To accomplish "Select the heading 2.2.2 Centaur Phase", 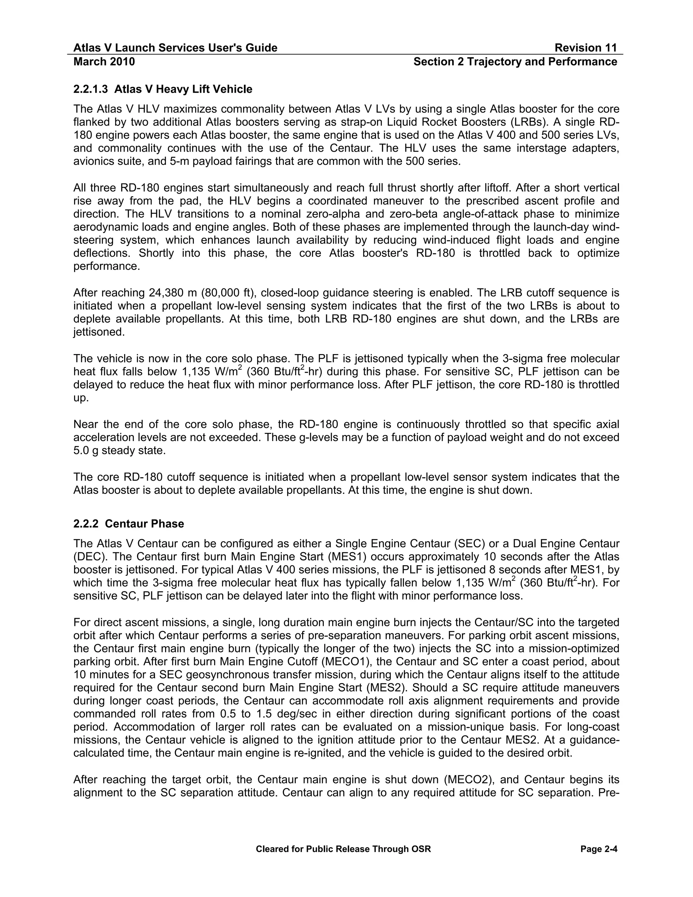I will pyautogui.click(x=129, y=524).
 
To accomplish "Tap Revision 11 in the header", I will pyautogui.click(x=585, y=48).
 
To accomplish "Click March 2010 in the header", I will pyautogui.click(x=104, y=62).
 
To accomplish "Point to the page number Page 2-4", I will pyautogui.click(x=599, y=849).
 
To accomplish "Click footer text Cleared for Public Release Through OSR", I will pyautogui.click(x=343, y=849).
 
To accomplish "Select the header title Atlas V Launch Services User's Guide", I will pyautogui.click(x=175, y=48).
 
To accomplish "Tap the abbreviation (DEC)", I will pyautogui.click(x=87, y=556).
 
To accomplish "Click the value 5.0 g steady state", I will pyautogui.click(x=119, y=451).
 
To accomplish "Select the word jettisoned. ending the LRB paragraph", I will pyautogui.click(x=99, y=332).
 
